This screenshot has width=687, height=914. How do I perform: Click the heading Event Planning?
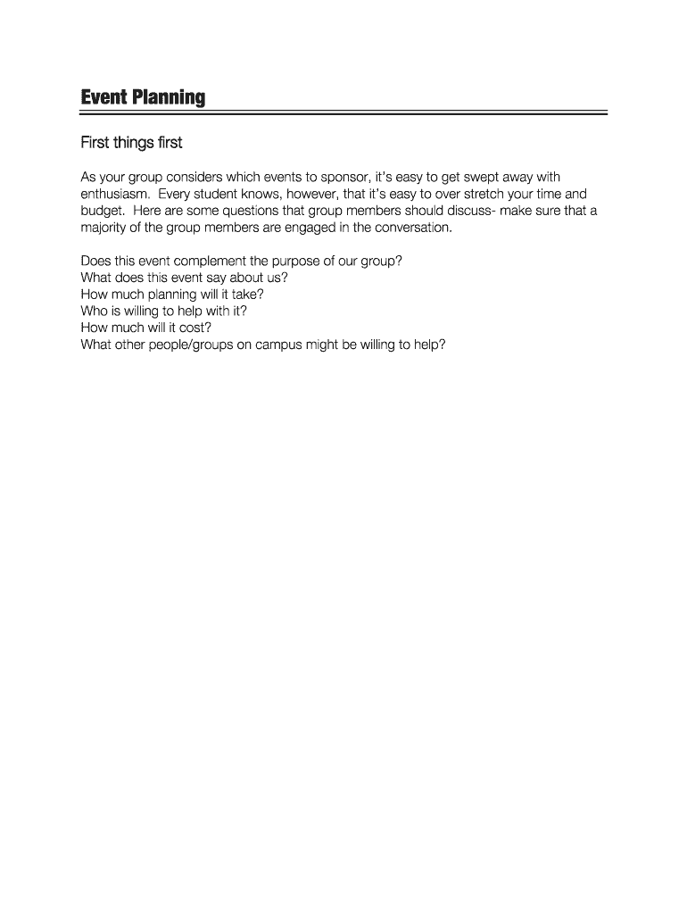143,97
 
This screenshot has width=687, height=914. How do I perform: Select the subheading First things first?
131,143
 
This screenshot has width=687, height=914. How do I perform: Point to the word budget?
102,211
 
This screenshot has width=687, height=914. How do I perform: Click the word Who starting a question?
93,311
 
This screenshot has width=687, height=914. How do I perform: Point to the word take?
244,294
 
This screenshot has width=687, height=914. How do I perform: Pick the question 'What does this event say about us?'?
184,278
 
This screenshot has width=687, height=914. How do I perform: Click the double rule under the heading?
343,113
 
